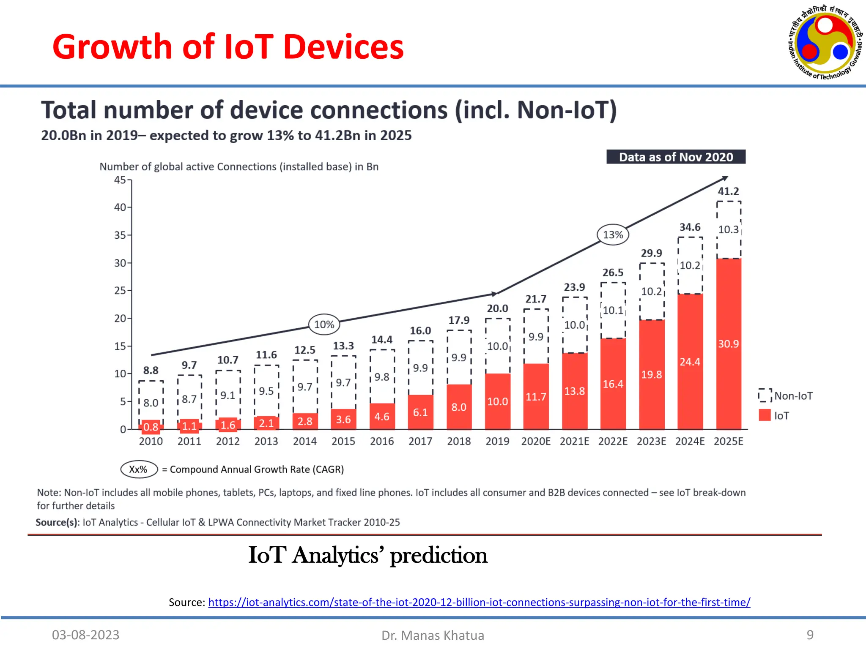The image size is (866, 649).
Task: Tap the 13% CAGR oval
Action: tap(613, 235)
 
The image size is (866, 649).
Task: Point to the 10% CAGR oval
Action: tap(324, 324)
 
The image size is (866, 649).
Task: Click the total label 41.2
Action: tap(728, 191)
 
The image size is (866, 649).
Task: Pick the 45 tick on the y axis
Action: tap(120, 180)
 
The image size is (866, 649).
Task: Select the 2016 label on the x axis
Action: tap(381, 441)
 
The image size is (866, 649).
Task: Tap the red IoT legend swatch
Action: tap(765, 415)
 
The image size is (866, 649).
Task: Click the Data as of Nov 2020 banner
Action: tap(676, 157)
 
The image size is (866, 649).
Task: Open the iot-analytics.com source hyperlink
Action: tap(479, 602)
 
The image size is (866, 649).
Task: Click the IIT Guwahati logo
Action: tap(825, 42)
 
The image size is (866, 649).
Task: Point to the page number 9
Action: tap(810, 635)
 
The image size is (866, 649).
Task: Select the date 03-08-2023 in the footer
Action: tap(86, 635)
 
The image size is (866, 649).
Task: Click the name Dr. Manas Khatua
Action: tap(433, 635)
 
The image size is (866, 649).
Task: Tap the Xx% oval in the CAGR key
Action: tap(139, 469)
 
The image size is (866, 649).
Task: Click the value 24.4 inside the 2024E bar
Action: tap(690, 362)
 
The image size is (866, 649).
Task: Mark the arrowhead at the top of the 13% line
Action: tap(725, 178)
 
